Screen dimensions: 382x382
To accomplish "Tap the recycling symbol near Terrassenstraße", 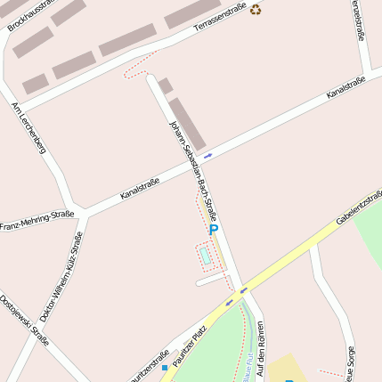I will pyautogui.click(x=256, y=10).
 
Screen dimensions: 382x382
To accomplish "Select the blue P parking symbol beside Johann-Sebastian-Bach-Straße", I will pyautogui.click(x=214, y=231).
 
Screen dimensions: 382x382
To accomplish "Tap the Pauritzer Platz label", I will pyautogui.click(x=188, y=345).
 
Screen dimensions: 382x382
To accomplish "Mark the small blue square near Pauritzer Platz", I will pyautogui.click(x=165, y=367).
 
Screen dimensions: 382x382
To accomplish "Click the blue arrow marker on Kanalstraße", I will pyautogui.click(x=208, y=156).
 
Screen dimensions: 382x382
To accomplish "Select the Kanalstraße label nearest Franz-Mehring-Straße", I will pyautogui.click(x=139, y=189).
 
